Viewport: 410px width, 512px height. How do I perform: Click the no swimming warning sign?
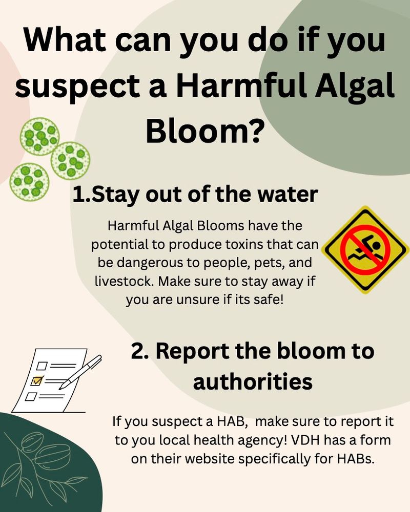click(365, 249)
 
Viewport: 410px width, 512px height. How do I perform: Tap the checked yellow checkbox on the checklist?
click(37, 381)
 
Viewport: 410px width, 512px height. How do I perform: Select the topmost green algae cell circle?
click(39, 136)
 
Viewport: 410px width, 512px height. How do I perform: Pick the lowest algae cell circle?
click(30, 181)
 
